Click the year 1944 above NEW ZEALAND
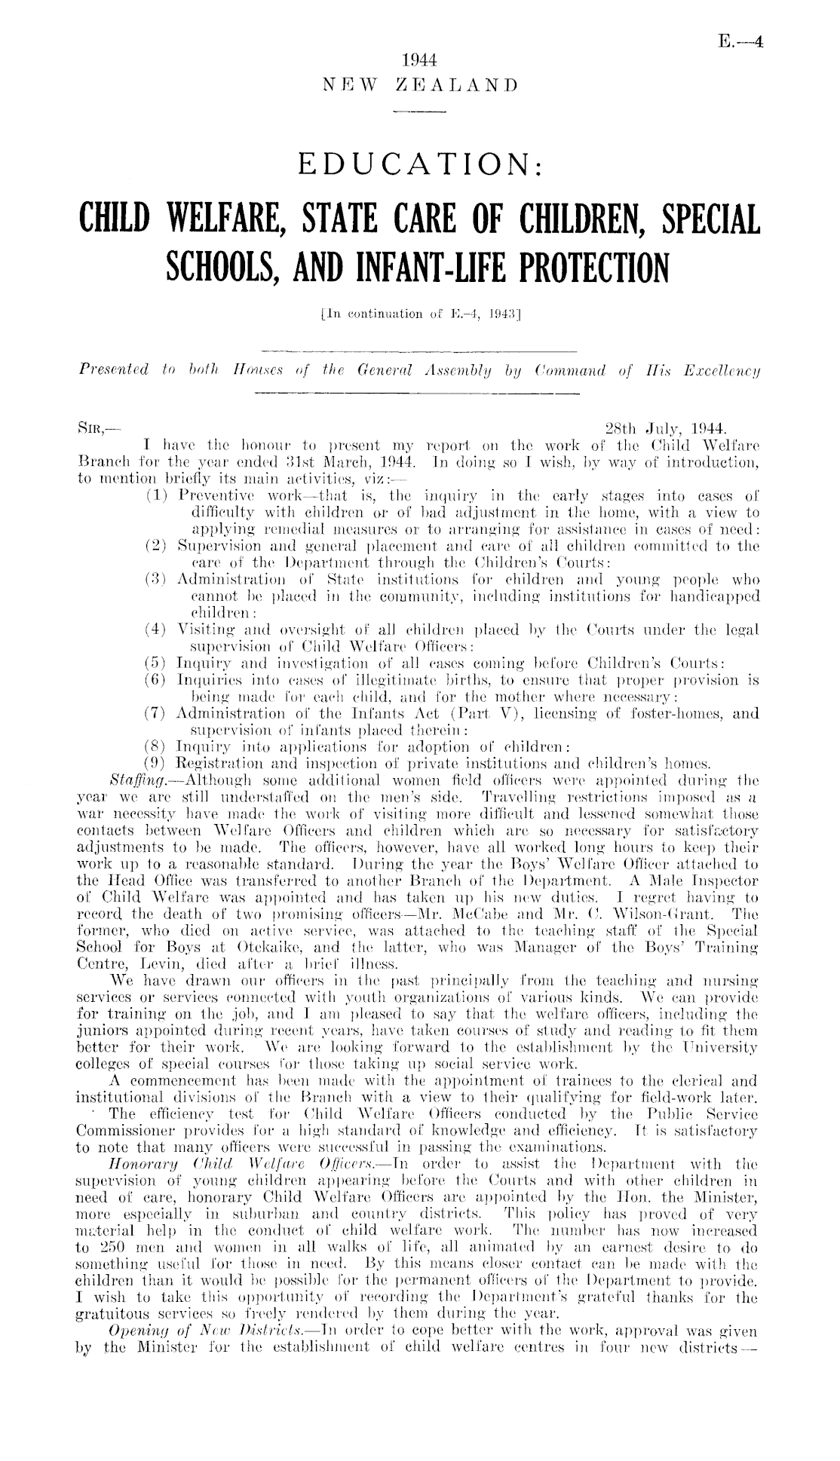tap(420, 60)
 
